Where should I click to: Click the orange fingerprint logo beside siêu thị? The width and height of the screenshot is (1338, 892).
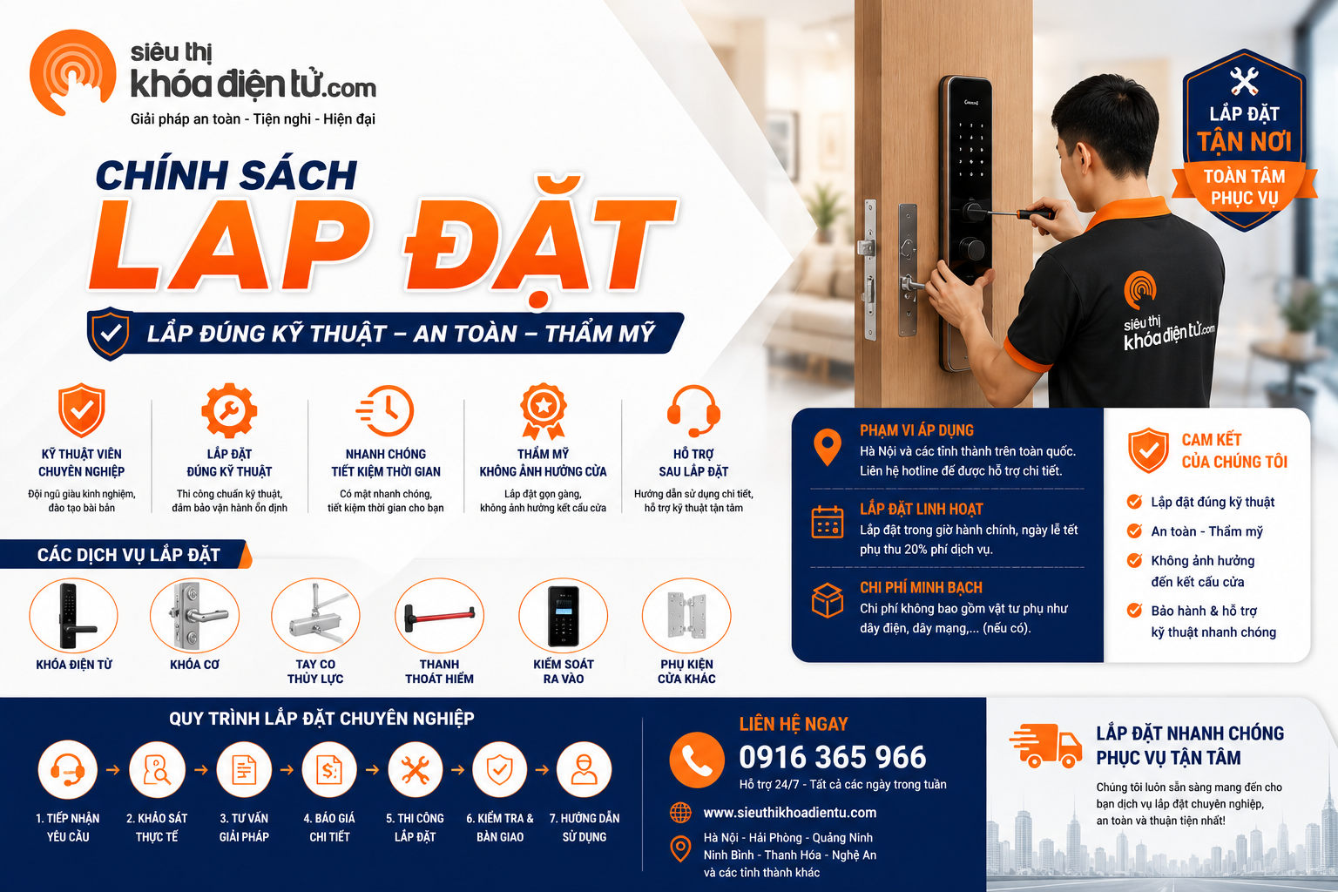72,72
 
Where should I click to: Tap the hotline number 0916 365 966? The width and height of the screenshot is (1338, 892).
833,757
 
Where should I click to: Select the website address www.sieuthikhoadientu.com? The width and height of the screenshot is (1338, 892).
790,813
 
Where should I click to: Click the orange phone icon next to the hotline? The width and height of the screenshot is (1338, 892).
697,760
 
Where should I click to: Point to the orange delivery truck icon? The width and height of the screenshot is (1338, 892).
1046,745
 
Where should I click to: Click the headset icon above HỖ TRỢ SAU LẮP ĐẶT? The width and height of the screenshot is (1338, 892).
693,411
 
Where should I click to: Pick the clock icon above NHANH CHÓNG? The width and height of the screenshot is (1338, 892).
385,410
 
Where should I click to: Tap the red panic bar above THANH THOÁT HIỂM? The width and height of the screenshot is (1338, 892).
440,617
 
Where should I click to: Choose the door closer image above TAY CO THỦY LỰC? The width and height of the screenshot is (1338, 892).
315,616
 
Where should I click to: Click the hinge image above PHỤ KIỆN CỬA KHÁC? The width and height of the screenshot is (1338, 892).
686,615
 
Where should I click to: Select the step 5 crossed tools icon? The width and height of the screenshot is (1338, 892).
416,769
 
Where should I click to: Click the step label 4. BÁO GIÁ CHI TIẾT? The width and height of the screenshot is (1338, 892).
329,828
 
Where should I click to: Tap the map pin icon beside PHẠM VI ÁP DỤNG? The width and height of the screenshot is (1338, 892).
828,447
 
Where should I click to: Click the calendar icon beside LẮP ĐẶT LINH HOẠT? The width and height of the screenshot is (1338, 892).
828,522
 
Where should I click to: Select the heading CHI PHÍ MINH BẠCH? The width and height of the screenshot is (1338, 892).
921,587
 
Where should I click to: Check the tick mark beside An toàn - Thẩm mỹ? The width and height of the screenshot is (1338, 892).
1133,530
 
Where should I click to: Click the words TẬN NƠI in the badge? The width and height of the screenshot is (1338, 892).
1244,142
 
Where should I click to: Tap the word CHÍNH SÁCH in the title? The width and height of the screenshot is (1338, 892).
226,175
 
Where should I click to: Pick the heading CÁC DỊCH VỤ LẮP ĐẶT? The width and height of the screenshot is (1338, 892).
128,555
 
